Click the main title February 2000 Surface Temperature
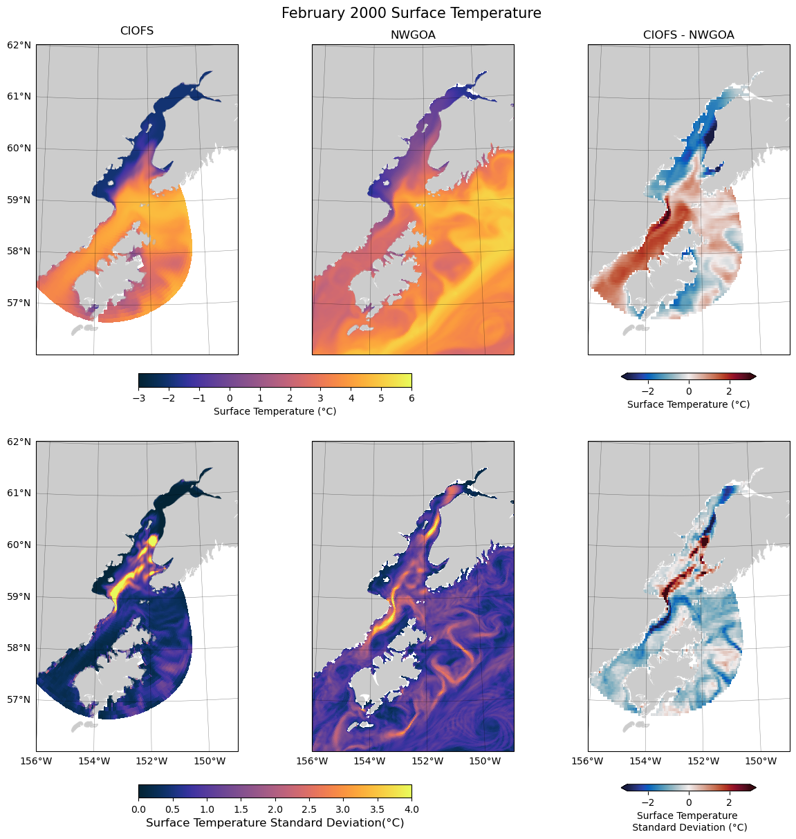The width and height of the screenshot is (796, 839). [411, 13]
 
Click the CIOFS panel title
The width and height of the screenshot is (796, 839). [137, 31]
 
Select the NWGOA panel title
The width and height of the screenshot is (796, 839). [413, 35]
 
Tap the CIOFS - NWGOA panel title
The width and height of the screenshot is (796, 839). [688, 35]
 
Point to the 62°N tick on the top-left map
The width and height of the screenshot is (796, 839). [19, 45]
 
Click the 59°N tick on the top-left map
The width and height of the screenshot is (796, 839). [19, 200]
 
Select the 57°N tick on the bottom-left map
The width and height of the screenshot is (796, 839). [19, 699]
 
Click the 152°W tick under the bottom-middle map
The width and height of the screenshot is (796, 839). [427, 761]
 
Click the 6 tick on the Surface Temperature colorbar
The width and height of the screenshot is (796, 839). [411, 397]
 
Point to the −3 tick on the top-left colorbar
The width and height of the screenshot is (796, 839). [138, 397]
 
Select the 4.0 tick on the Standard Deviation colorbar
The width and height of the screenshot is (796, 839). [411, 809]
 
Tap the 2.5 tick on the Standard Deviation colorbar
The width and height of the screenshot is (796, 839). [309, 809]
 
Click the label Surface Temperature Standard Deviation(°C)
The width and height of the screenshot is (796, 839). [275, 822]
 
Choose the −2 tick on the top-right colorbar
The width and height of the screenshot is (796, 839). [648, 390]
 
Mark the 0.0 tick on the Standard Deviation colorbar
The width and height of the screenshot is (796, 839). [138, 809]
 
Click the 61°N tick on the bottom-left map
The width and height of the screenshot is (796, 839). [19, 493]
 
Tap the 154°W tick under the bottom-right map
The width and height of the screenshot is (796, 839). [646, 761]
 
